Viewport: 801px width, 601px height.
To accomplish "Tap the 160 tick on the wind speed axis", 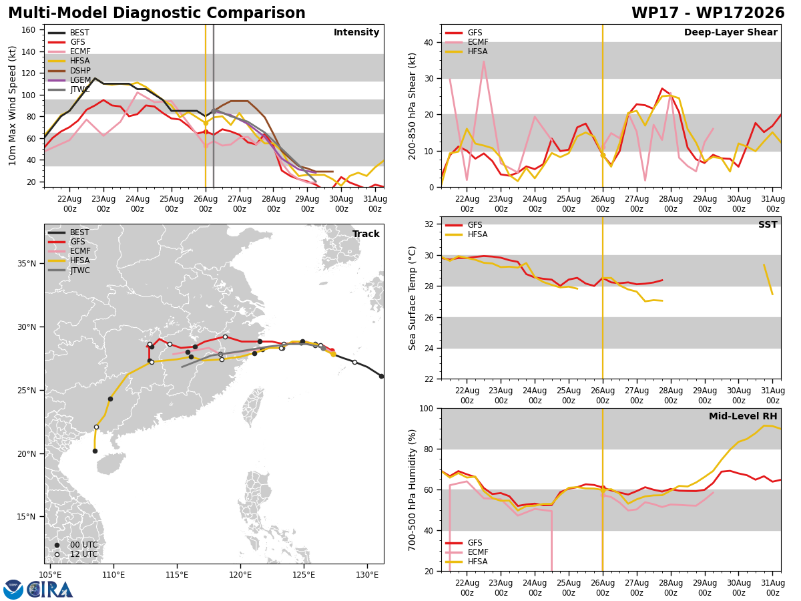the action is pos(28,30).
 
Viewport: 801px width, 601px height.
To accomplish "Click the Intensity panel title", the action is pos(356,32).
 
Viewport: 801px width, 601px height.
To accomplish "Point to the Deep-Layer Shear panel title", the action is pos(730,32).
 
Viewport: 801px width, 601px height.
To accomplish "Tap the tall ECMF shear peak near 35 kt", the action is pos(483,61).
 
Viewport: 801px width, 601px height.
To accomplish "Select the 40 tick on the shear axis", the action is pos(429,42).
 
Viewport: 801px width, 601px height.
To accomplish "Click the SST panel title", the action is pos(768,224).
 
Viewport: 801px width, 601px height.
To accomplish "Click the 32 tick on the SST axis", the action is pos(429,224).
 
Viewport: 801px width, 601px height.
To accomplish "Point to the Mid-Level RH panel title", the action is pos(743,416).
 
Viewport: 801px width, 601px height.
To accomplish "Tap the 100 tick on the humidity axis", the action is pos(427,408).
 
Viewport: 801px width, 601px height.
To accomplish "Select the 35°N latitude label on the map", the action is pos(27,264).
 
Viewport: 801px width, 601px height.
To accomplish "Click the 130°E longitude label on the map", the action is pos(367,575).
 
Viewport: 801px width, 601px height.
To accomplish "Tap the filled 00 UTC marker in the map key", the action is pos(57,545).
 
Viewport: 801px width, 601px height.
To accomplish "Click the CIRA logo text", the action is pos(50,590).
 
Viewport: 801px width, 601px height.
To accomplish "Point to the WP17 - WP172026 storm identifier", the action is pos(708,13).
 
